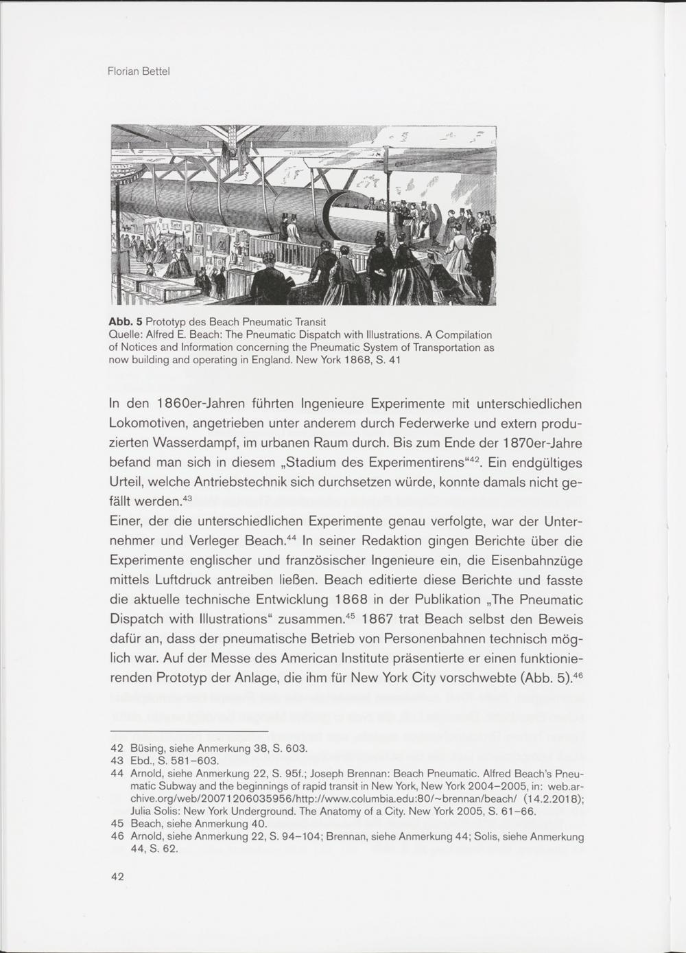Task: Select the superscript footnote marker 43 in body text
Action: pyautogui.click(x=189, y=497)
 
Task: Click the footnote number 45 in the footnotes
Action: pyautogui.click(x=117, y=823)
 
